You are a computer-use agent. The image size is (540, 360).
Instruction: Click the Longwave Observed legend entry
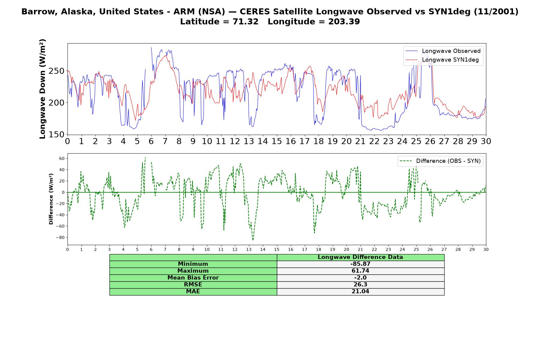[443, 51]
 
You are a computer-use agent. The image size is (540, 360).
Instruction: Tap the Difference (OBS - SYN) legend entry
[440, 161]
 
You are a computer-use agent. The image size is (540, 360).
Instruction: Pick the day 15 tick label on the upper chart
[277, 141]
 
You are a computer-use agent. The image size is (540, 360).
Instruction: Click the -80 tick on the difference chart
[60, 238]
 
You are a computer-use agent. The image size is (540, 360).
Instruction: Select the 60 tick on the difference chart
[62, 158]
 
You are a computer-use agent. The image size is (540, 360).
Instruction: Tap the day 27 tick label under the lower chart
[444, 249]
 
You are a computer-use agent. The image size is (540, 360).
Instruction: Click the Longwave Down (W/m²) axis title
[43, 89]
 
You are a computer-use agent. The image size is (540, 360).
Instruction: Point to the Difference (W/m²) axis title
[51, 199]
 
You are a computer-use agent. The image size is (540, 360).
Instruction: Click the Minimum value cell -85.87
[360, 264]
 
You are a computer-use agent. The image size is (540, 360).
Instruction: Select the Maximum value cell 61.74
[360, 271]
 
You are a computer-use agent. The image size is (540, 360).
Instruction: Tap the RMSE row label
[193, 285]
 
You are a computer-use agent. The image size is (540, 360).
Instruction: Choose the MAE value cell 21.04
[360, 292]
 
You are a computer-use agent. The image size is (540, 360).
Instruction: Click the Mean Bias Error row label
[193, 278]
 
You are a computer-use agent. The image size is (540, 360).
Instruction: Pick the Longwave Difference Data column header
[360, 257]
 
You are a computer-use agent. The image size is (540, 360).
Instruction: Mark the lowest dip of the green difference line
[253, 240]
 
